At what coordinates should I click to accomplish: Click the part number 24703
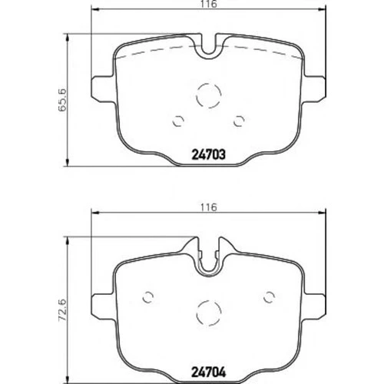coord(209,154)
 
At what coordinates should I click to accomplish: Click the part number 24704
coord(209,372)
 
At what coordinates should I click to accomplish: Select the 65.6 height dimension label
coord(62,100)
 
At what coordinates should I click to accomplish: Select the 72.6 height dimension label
coord(62,310)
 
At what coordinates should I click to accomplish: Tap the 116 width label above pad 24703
coord(209,4)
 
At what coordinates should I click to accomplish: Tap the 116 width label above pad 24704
coord(209,207)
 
